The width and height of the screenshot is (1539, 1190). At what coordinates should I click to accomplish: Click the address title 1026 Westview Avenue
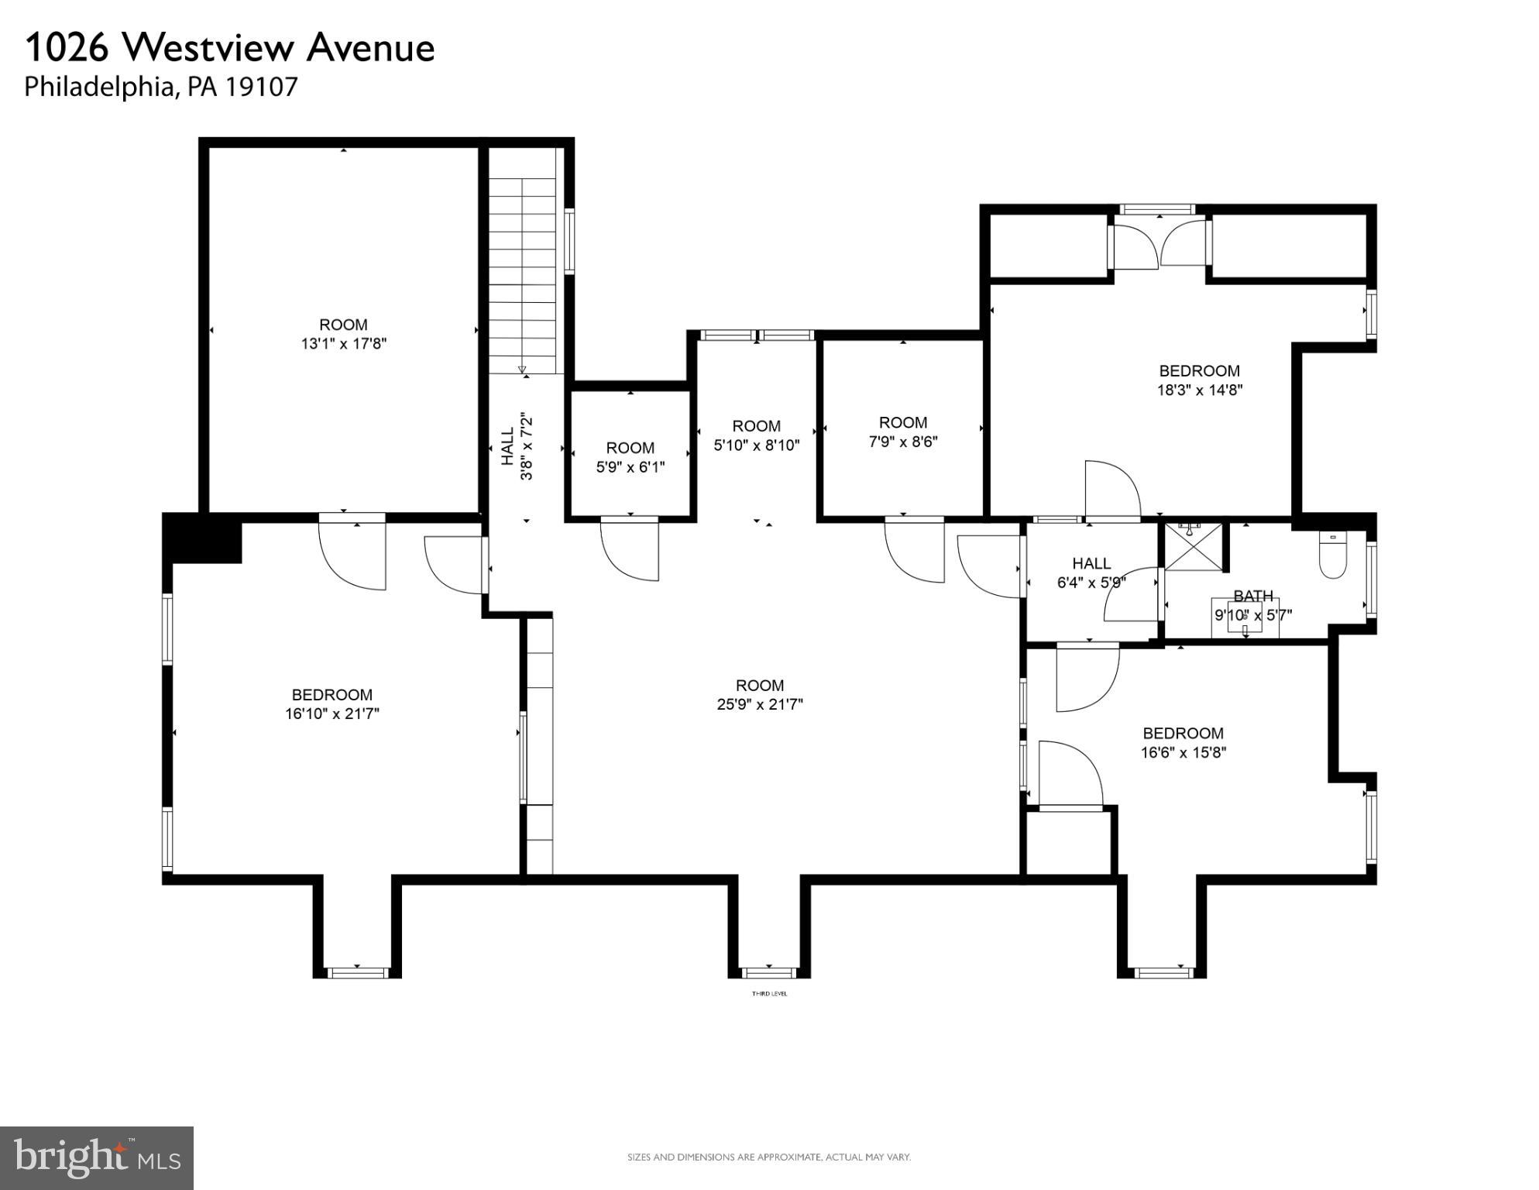point(229,48)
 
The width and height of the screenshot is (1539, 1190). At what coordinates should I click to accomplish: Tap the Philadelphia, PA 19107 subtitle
point(160,87)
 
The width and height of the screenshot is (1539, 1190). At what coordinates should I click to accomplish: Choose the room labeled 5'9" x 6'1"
point(630,458)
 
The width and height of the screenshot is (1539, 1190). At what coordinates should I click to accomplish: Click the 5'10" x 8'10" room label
point(756,435)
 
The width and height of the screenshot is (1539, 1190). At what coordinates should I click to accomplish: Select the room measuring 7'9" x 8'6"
point(902,432)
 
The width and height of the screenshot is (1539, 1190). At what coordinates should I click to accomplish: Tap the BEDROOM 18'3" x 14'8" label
point(1199,380)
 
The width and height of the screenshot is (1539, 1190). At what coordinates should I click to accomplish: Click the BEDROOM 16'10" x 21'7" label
point(332,704)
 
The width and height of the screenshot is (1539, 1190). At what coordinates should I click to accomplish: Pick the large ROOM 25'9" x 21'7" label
point(759,695)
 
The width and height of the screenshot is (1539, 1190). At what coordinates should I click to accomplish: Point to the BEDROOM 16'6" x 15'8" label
point(1183,742)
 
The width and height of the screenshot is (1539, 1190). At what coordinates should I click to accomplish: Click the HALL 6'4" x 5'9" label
point(1091,573)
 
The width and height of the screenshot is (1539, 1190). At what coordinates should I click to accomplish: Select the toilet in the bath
point(1333,556)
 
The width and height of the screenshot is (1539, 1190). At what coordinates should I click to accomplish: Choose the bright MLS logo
point(96,1158)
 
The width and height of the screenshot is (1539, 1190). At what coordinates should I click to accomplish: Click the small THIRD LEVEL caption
point(769,994)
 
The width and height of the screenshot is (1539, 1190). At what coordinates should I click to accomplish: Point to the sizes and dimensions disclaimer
point(768,1157)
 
